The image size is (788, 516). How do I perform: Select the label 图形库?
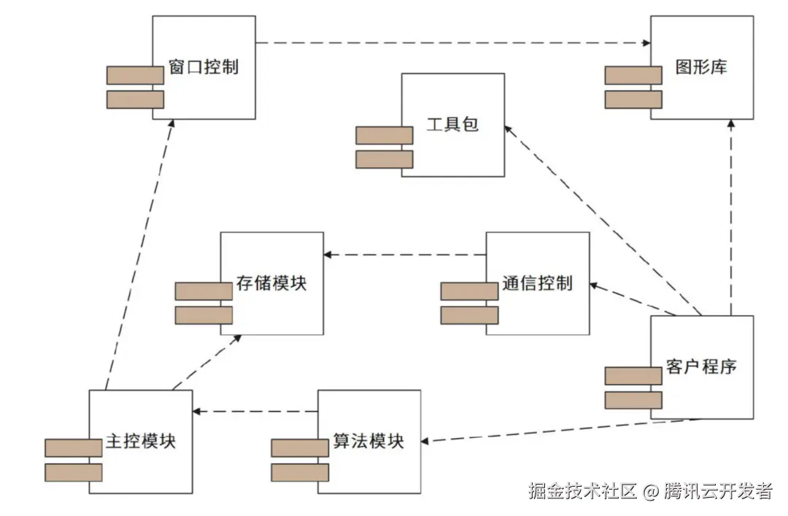tap(701, 69)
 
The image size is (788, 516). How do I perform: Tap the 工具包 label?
tap(452, 125)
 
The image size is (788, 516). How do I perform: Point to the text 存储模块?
tap(271, 284)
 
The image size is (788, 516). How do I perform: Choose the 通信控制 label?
tap(537, 284)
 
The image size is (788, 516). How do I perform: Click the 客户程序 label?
tap(701, 366)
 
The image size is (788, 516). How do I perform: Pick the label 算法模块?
tap(368, 442)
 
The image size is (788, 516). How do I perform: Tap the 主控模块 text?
tap(141, 442)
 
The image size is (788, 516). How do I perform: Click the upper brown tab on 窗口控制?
tap(135, 75)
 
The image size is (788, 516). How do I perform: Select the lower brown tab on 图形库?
tap(633, 99)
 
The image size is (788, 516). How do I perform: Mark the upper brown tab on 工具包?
tap(385, 135)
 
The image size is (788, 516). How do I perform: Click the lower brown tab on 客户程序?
tap(633, 400)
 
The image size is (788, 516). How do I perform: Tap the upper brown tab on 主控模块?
tap(73, 448)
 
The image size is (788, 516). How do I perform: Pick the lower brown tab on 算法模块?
tap(299, 472)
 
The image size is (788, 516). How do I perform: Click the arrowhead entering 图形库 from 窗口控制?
tap(646, 43)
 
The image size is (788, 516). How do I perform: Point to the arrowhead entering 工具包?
tap(509, 128)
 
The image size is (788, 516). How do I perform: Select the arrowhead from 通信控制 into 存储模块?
tap(328, 255)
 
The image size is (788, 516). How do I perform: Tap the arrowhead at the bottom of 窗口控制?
tap(171, 125)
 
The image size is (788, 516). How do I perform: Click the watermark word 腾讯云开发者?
tap(718, 491)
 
